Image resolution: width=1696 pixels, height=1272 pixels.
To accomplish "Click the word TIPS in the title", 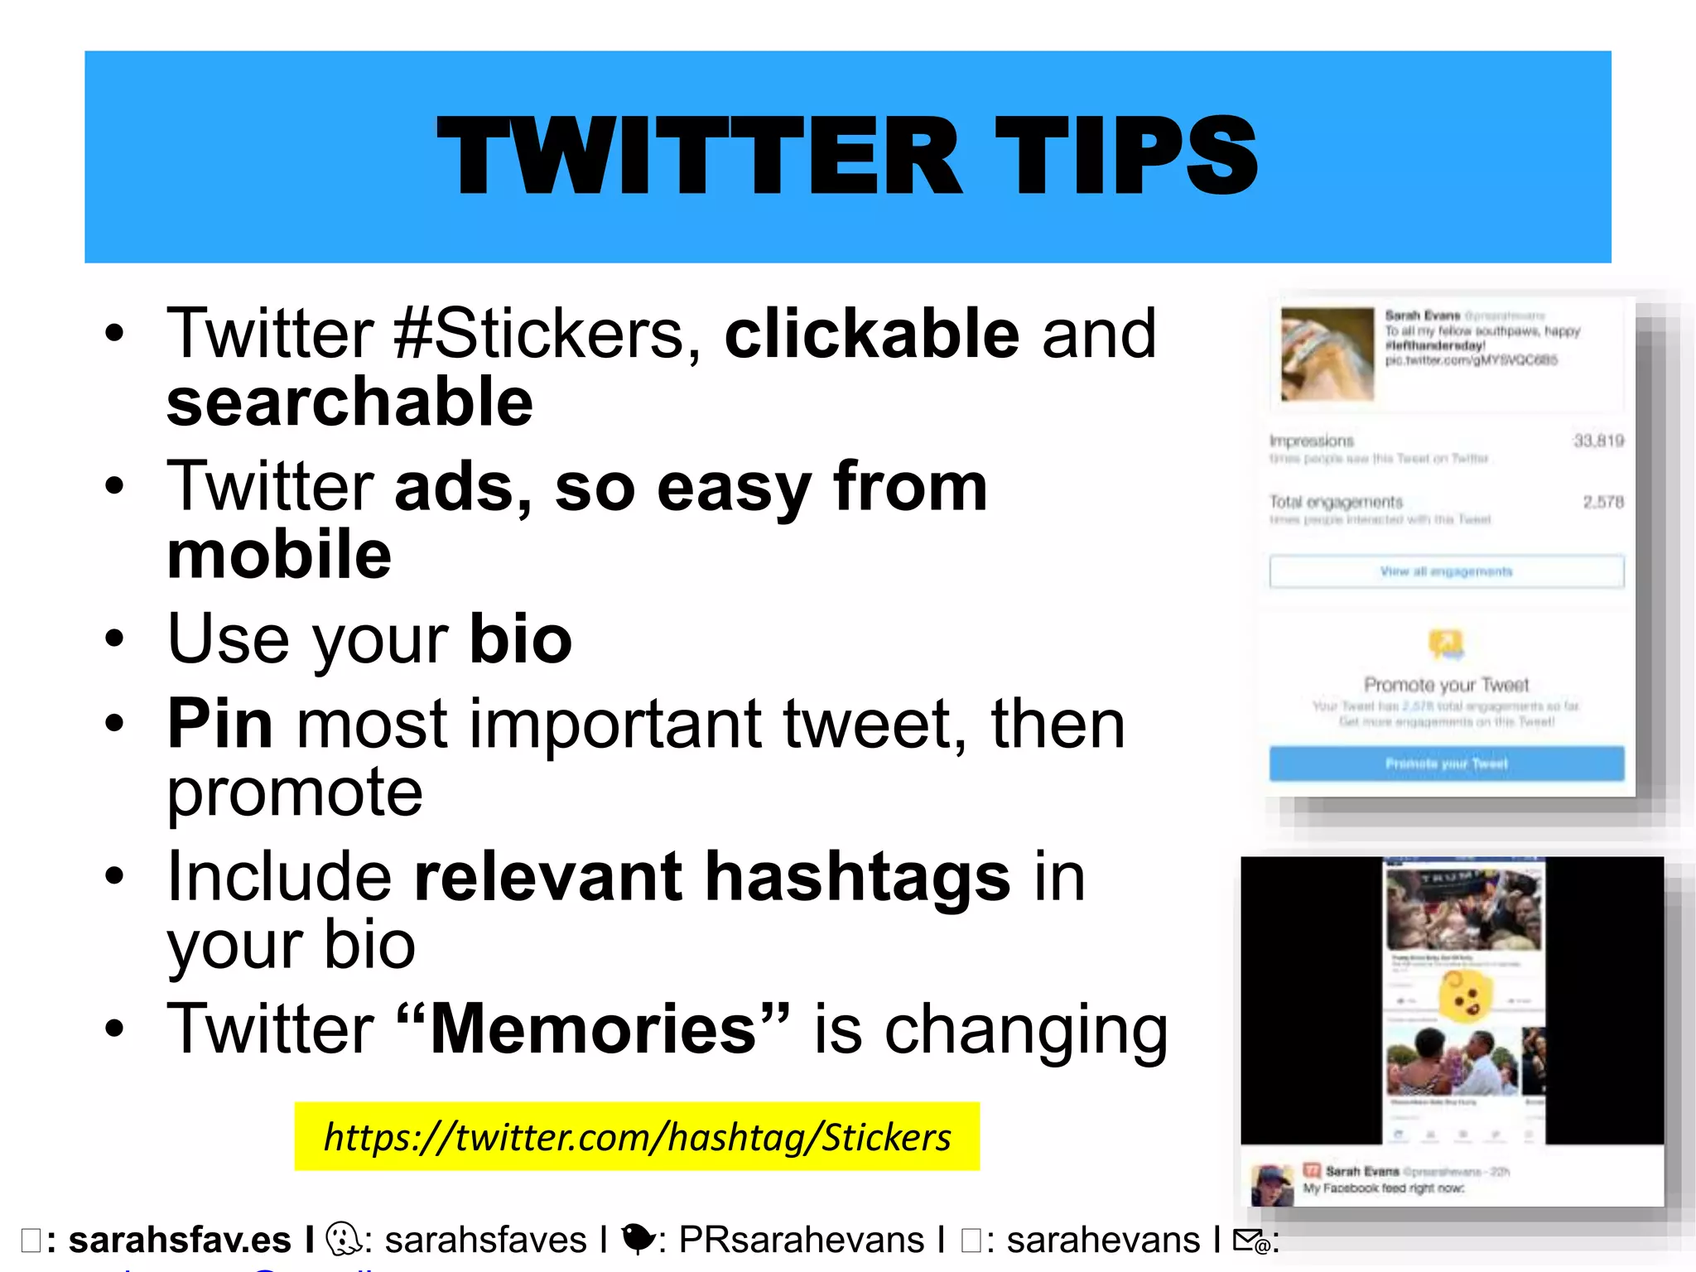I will click(1126, 157).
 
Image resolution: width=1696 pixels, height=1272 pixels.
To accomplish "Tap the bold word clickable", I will click(872, 334).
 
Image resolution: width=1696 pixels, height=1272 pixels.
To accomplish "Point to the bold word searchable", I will click(349, 402).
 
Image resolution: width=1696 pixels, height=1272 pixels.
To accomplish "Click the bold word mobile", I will click(279, 556).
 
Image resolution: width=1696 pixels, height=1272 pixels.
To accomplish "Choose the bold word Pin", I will click(220, 724).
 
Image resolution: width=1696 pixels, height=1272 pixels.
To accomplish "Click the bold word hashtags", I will click(857, 877).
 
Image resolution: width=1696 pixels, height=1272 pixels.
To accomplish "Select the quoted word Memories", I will click(593, 1029).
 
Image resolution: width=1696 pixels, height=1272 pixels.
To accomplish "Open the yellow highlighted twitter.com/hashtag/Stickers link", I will click(637, 1137).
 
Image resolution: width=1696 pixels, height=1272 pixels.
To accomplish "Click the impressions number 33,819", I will click(1598, 441).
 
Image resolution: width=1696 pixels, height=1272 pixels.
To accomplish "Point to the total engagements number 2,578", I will click(1603, 502).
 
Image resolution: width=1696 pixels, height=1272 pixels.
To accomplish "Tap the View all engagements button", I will click(1446, 571).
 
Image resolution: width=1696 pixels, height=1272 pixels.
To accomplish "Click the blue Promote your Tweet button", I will click(1446, 764).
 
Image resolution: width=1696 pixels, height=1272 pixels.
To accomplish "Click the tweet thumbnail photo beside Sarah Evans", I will click(1327, 354).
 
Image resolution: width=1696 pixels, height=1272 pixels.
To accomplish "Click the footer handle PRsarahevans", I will click(801, 1241).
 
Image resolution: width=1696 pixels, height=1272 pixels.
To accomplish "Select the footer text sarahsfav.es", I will click(180, 1241).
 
